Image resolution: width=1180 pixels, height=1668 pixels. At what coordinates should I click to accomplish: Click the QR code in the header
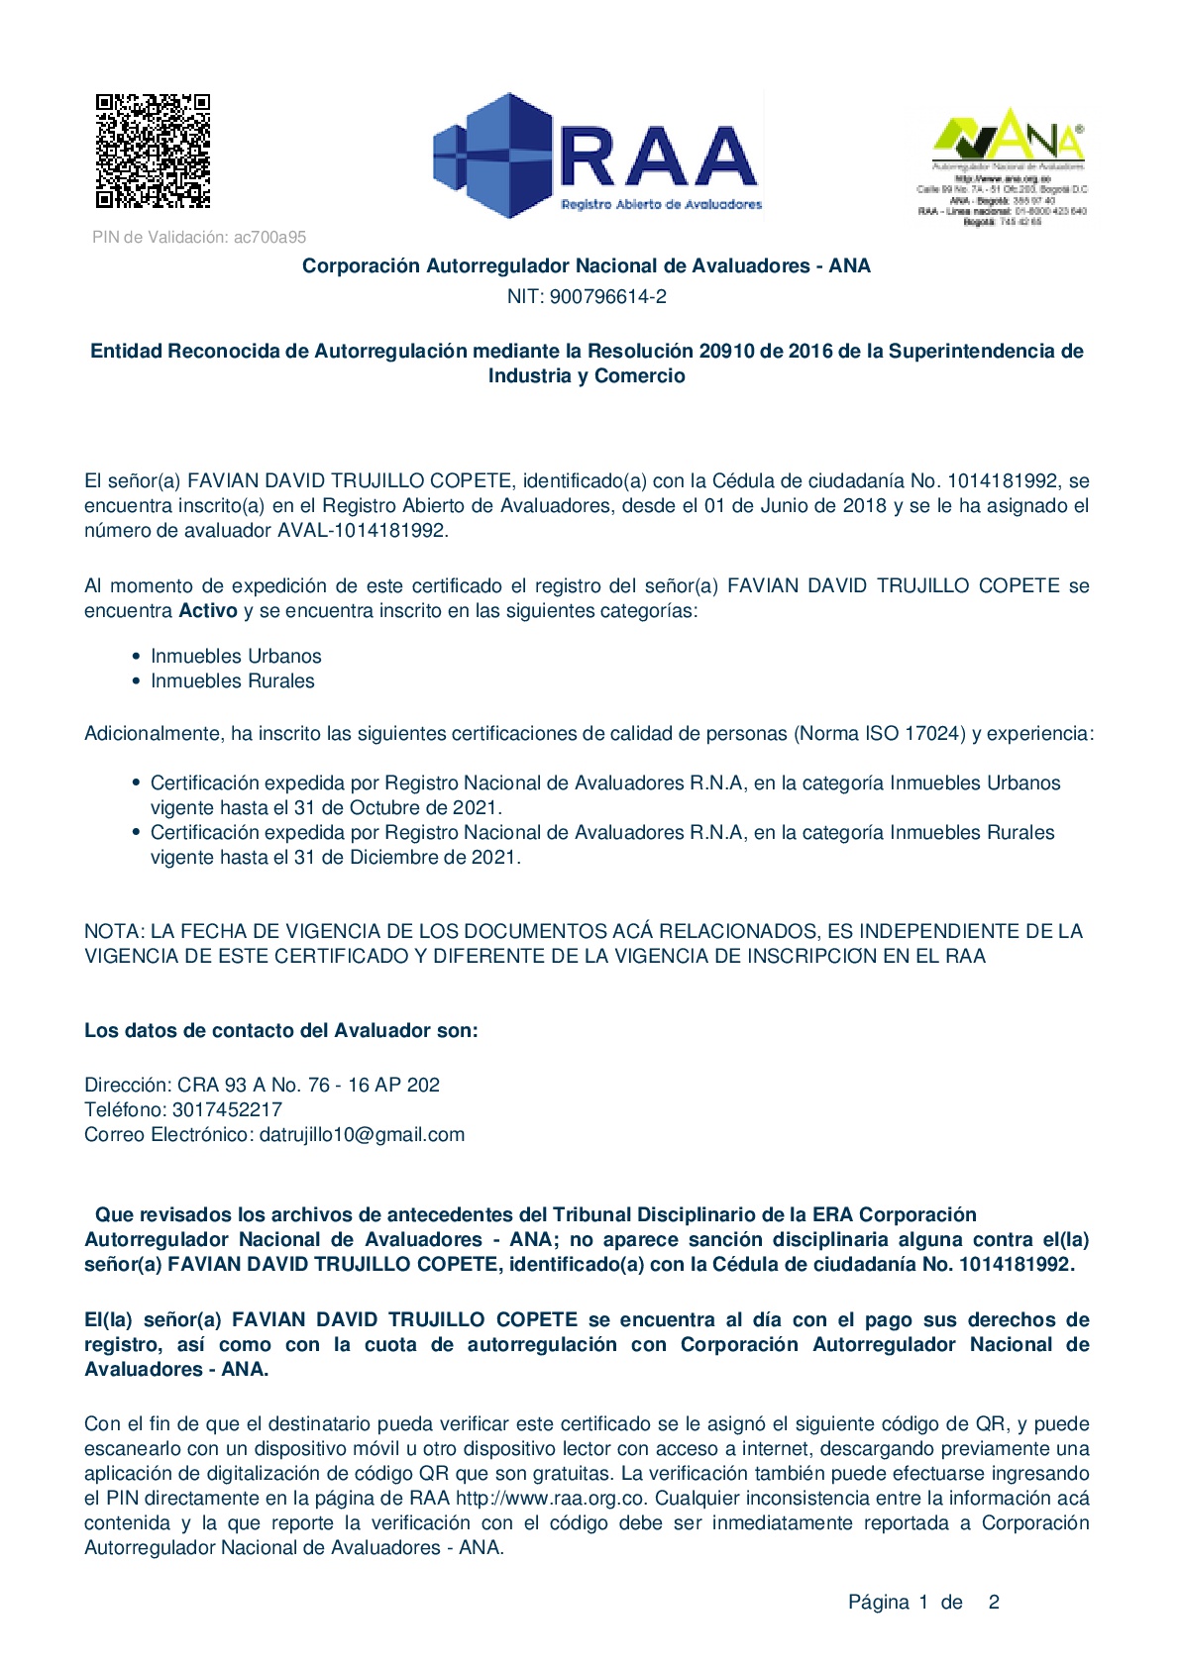point(153,151)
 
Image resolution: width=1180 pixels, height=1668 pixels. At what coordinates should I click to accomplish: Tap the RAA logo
point(597,156)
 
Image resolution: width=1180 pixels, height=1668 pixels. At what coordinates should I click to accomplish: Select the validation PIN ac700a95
point(269,238)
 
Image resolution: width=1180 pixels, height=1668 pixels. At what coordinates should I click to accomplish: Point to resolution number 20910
point(726,351)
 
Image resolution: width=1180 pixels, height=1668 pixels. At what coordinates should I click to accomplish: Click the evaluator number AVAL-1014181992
point(362,530)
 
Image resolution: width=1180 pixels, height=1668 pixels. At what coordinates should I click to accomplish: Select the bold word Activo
point(208,610)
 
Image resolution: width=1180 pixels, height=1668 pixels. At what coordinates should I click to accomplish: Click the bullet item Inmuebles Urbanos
point(236,656)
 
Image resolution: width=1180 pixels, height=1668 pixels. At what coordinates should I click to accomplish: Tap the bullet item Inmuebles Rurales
point(232,680)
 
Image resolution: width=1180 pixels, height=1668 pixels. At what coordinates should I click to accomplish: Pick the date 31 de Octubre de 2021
point(397,807)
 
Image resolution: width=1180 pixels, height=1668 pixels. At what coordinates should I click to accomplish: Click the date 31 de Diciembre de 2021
point(406,857)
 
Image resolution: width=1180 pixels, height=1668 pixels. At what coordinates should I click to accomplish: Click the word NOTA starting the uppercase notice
point(114,931)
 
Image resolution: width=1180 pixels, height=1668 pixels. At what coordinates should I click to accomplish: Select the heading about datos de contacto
point(281,1030)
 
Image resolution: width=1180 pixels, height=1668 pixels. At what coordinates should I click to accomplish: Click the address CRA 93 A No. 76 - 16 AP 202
point(308,1085)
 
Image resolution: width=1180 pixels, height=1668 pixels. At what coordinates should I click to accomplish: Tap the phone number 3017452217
point(227,1109)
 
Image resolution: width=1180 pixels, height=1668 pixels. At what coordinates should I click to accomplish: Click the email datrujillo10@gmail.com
point(362,1134)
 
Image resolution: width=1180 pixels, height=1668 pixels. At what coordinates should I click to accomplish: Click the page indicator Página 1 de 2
point(923,1602)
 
